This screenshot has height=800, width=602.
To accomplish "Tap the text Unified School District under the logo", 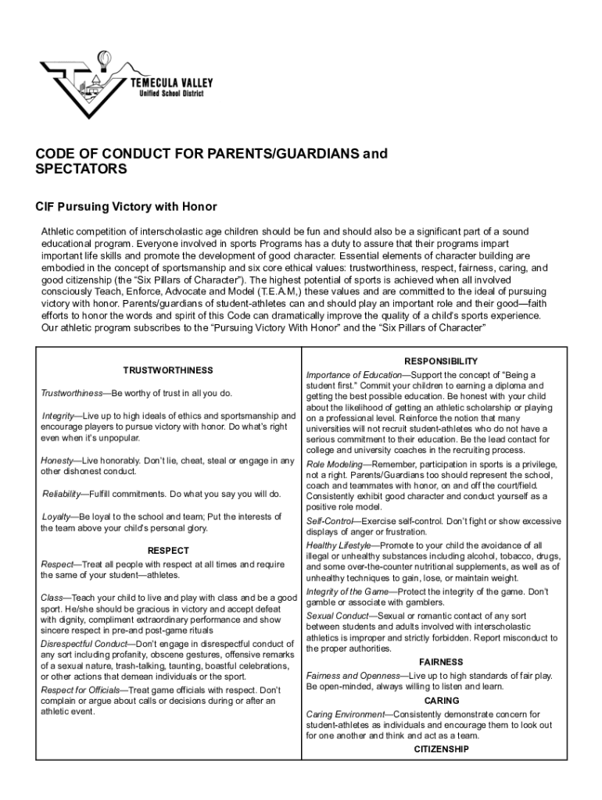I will [170, 94].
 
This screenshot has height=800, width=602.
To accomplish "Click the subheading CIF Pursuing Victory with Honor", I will [126, 207].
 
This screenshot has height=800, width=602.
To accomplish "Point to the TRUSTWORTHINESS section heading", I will [168, 370].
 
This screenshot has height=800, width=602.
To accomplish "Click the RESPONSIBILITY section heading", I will [440, 361].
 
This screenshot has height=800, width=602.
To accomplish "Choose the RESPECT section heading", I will [168, 550].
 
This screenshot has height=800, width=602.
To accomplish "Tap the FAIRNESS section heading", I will [441, 662].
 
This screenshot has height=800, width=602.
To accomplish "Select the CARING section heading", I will [441, 701].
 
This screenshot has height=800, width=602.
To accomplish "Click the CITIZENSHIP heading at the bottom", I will [441, 749].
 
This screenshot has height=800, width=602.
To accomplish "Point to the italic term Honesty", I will [57, 460].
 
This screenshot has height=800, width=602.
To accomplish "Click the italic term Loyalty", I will [56, 517].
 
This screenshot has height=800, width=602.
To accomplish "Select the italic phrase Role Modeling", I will [335, 464].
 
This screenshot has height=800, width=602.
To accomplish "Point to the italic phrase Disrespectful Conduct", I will [82, 644].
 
